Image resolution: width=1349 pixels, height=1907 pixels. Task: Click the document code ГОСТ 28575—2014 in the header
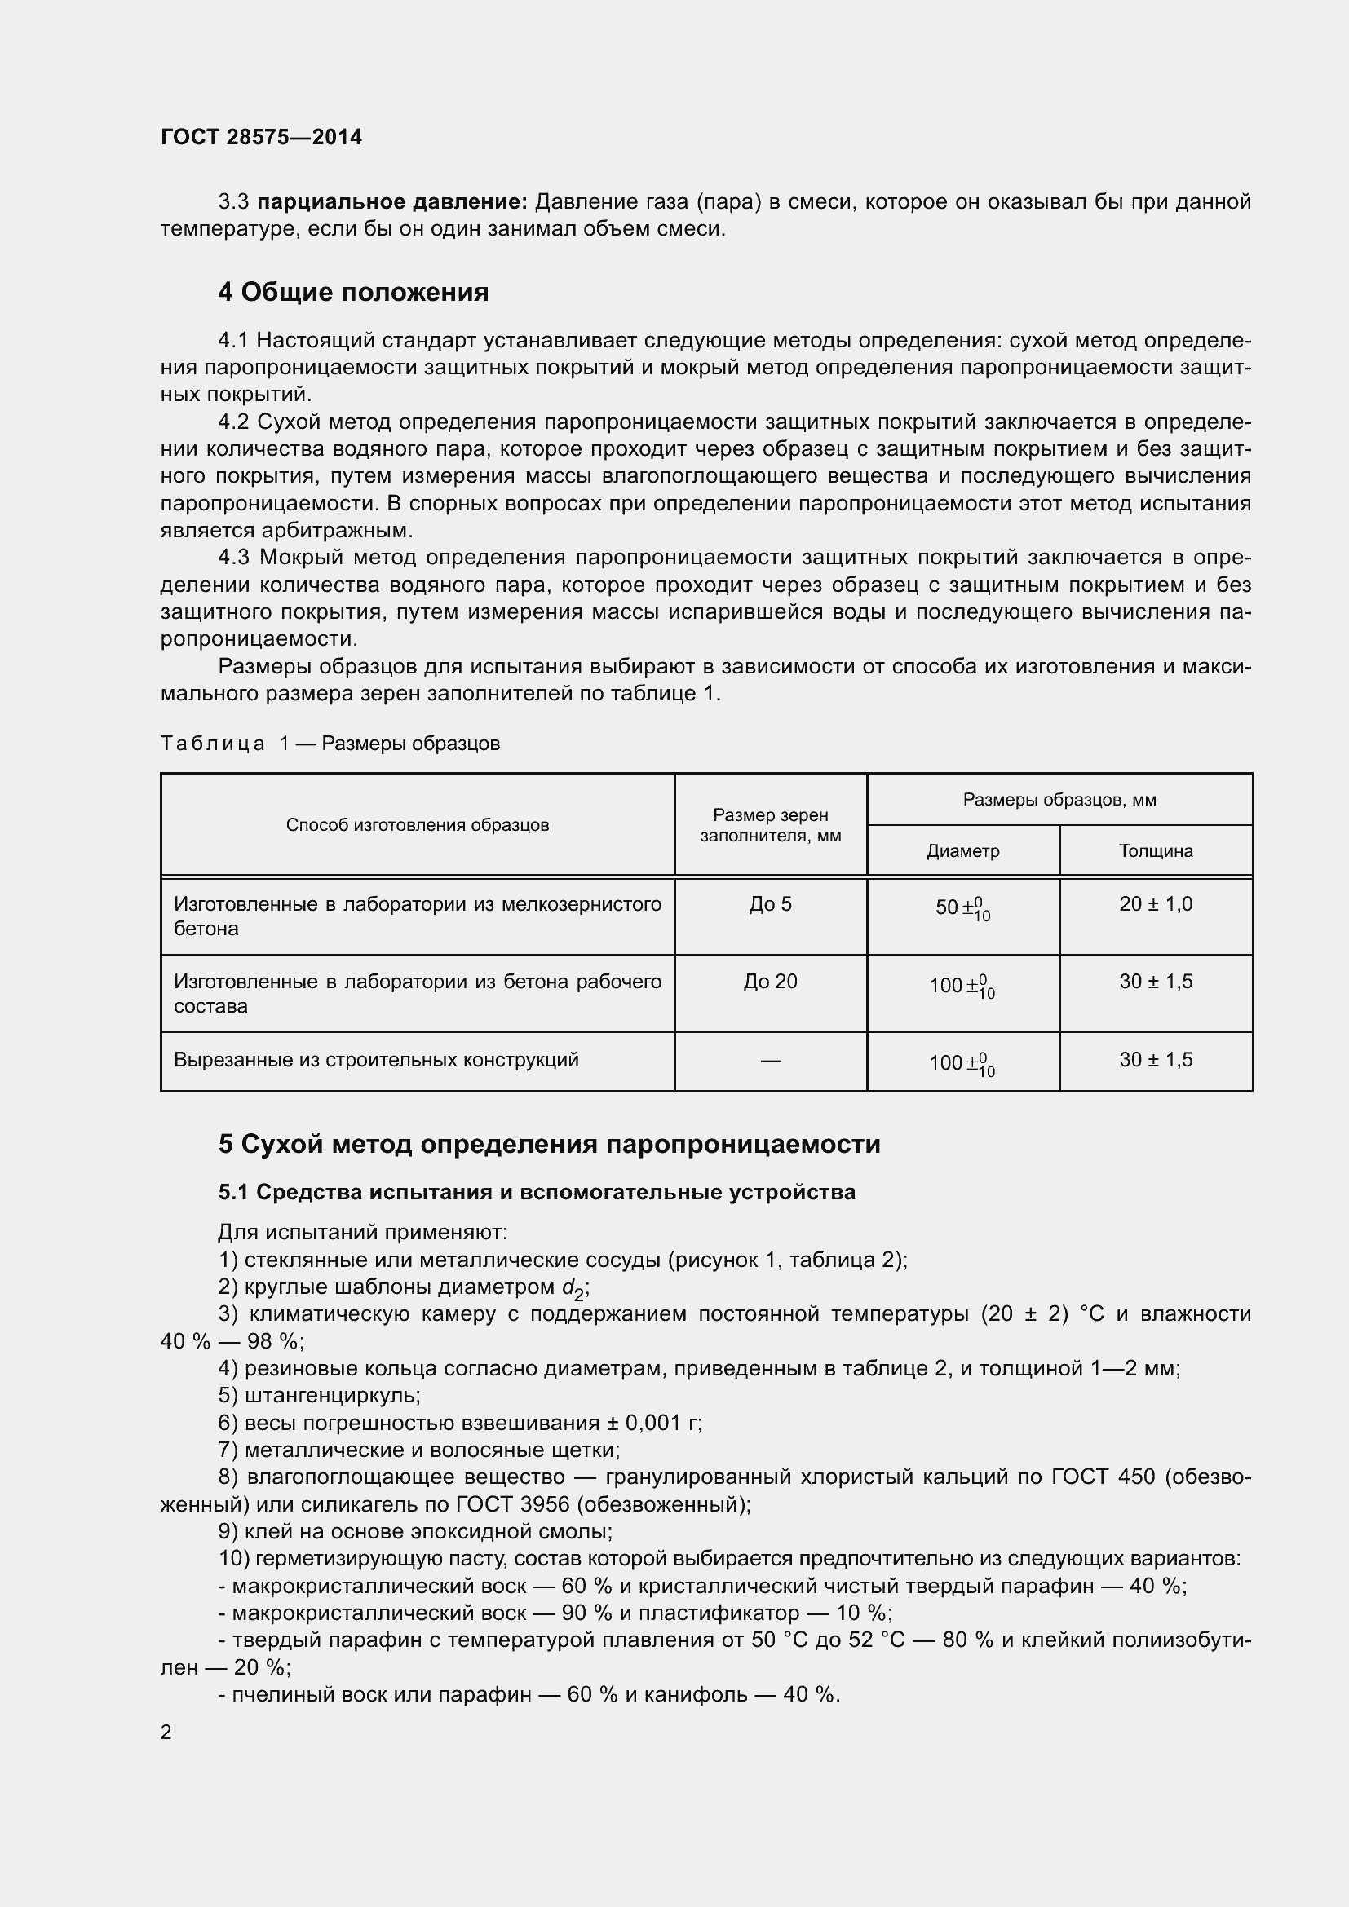click(x=261, y=137)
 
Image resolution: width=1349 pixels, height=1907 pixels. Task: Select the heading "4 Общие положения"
click(x=353, y=293)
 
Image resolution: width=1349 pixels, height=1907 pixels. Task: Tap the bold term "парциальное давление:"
click(x=392, y=202)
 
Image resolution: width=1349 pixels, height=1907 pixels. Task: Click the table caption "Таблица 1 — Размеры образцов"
click(x=330, y=744)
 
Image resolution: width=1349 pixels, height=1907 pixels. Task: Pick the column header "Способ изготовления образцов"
click(x=417, y=825)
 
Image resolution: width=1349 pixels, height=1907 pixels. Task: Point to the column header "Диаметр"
click(x=962, y=850)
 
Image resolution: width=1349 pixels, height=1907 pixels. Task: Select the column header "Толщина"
click(x=1156, y=850)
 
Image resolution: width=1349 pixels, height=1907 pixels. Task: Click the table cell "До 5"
click(x=770, y=904)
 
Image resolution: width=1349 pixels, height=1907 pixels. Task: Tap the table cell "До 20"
click(x=770, y=982)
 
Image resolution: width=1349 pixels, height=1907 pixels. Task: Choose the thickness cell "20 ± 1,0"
click(x=1156, y=904)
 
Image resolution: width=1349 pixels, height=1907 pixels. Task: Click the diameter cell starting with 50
click(x=962, y=907)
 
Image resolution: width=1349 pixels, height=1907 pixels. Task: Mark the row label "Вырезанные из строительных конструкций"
click(x=375, y=1060)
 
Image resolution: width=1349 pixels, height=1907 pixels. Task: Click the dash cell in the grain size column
click(x=770, y=1061)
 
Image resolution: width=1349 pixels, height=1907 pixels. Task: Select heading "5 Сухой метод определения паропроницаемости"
click(x=549, y=1145)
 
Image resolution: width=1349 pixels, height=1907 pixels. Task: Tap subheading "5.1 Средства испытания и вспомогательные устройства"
click(x=537, y=1192)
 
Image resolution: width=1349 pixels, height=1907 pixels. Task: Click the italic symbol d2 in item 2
click(x=573, y=1288)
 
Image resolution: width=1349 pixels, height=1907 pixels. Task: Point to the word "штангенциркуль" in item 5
click(x=331, y=1395)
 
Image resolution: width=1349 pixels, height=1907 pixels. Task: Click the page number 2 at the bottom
click(x=166, y=1732)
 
